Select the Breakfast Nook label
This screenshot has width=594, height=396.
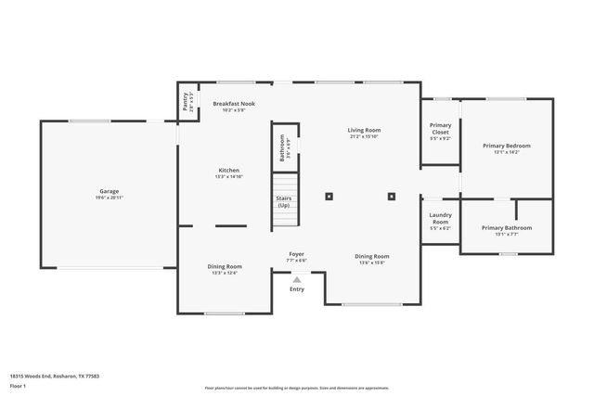pos(233,104)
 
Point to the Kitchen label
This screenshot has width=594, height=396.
pos(228,171)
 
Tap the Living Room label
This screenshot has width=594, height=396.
pos(365,131)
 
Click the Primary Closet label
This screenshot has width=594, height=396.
pos(440,129)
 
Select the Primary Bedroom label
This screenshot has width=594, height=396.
pos(507,147)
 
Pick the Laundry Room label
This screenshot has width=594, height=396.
pos(440,219)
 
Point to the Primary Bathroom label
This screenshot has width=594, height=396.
pos(507,228)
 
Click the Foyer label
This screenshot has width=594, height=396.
pos(296,254)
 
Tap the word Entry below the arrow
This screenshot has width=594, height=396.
pos(296,289)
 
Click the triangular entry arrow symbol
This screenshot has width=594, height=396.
pos(297,278)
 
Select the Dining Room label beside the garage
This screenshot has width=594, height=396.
pos(225,267)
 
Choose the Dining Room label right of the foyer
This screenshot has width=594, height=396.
pos(372,257)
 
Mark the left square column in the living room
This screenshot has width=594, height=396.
pos(329,196)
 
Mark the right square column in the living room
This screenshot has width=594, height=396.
pos(392,196)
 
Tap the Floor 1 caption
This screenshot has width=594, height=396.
pos(18,385)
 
